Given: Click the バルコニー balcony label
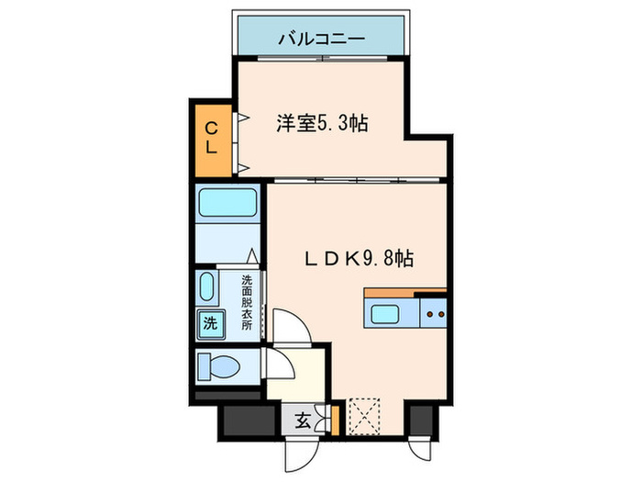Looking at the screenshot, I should click(x=321, y=38).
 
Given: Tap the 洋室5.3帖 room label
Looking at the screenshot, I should click(x=322, y=123).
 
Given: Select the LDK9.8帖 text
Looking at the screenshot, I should click(x=359, y=259).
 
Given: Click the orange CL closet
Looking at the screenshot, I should click(x=211, y=139).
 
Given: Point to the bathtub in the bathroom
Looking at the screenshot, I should click(x=227, y=201).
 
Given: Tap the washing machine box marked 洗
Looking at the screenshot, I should click(x=210, y=322).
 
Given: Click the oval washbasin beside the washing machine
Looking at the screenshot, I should click(x=205, y=287).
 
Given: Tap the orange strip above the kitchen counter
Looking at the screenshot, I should click(x=404, y=293).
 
